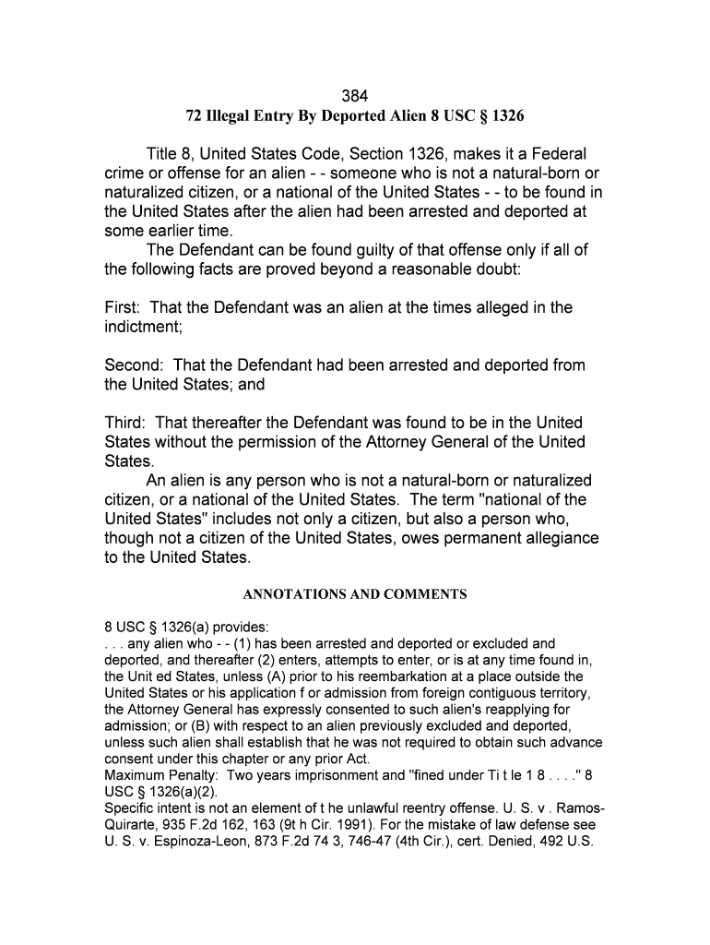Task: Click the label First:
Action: point(122,307)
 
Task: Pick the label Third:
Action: point(124,423)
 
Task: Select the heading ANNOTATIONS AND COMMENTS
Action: point(355,595)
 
